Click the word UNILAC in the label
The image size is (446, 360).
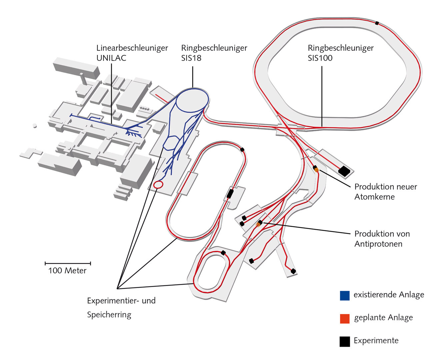111,58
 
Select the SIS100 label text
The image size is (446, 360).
320,58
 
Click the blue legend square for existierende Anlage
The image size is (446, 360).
345,296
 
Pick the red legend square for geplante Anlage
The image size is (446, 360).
345,319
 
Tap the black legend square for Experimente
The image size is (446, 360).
345,341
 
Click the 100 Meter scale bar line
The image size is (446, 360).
68,263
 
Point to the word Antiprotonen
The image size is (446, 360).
378,244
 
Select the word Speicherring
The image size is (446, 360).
109,315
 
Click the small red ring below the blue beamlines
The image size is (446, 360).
158,184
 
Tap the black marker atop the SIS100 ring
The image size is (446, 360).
377,23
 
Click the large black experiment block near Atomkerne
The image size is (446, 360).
344,171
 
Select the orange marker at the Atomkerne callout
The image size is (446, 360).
317,170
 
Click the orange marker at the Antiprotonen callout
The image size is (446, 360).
258,225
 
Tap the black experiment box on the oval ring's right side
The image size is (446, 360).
230,194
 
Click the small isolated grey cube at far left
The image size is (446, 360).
34,126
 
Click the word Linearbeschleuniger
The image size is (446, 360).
132,48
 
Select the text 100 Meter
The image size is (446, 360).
67,271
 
